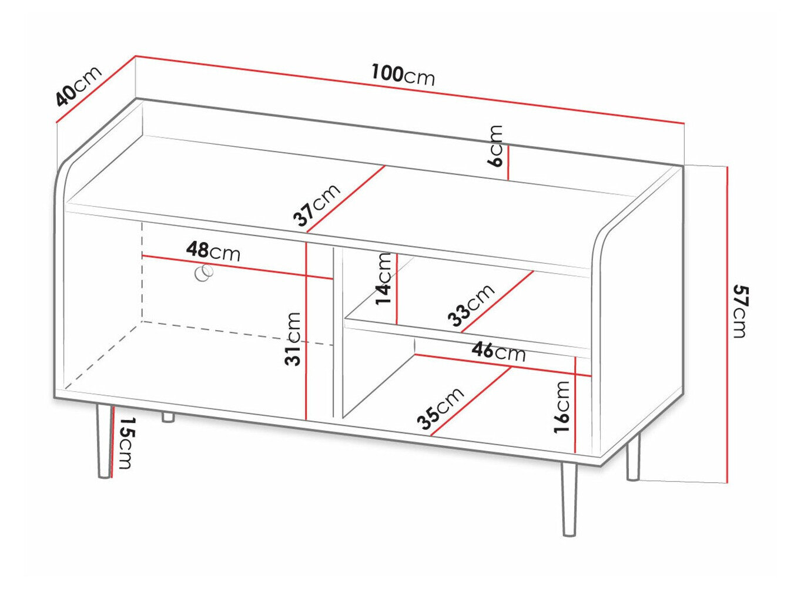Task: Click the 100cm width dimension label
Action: pyautogui.click(x=403, y=75)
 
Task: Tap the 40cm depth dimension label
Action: pyautogui.click(x=78, y=86)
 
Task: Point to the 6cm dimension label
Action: pyautogui.click(x=497, y=146)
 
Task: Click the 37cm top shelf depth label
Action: pyautogui.click(x=317, y=205)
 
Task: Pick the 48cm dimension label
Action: pyautogui.click(x=213, y=251)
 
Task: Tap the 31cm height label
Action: pyautogui.click(x=293, y=339)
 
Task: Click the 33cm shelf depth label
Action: pyautogui.click(x=471, y=305)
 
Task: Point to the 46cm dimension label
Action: pyautogui.click(x=498, y=352)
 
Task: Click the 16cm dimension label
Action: pyautogui.click(x=562, y=406)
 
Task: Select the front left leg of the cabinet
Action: pyautogui.click(x=103, y=441)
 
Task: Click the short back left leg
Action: pyautogui.click(x=168, y=417)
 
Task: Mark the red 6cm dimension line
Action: pyautogui.click(x=508, y=163)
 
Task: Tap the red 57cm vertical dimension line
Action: pyautogui.click(x=728, y=323)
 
